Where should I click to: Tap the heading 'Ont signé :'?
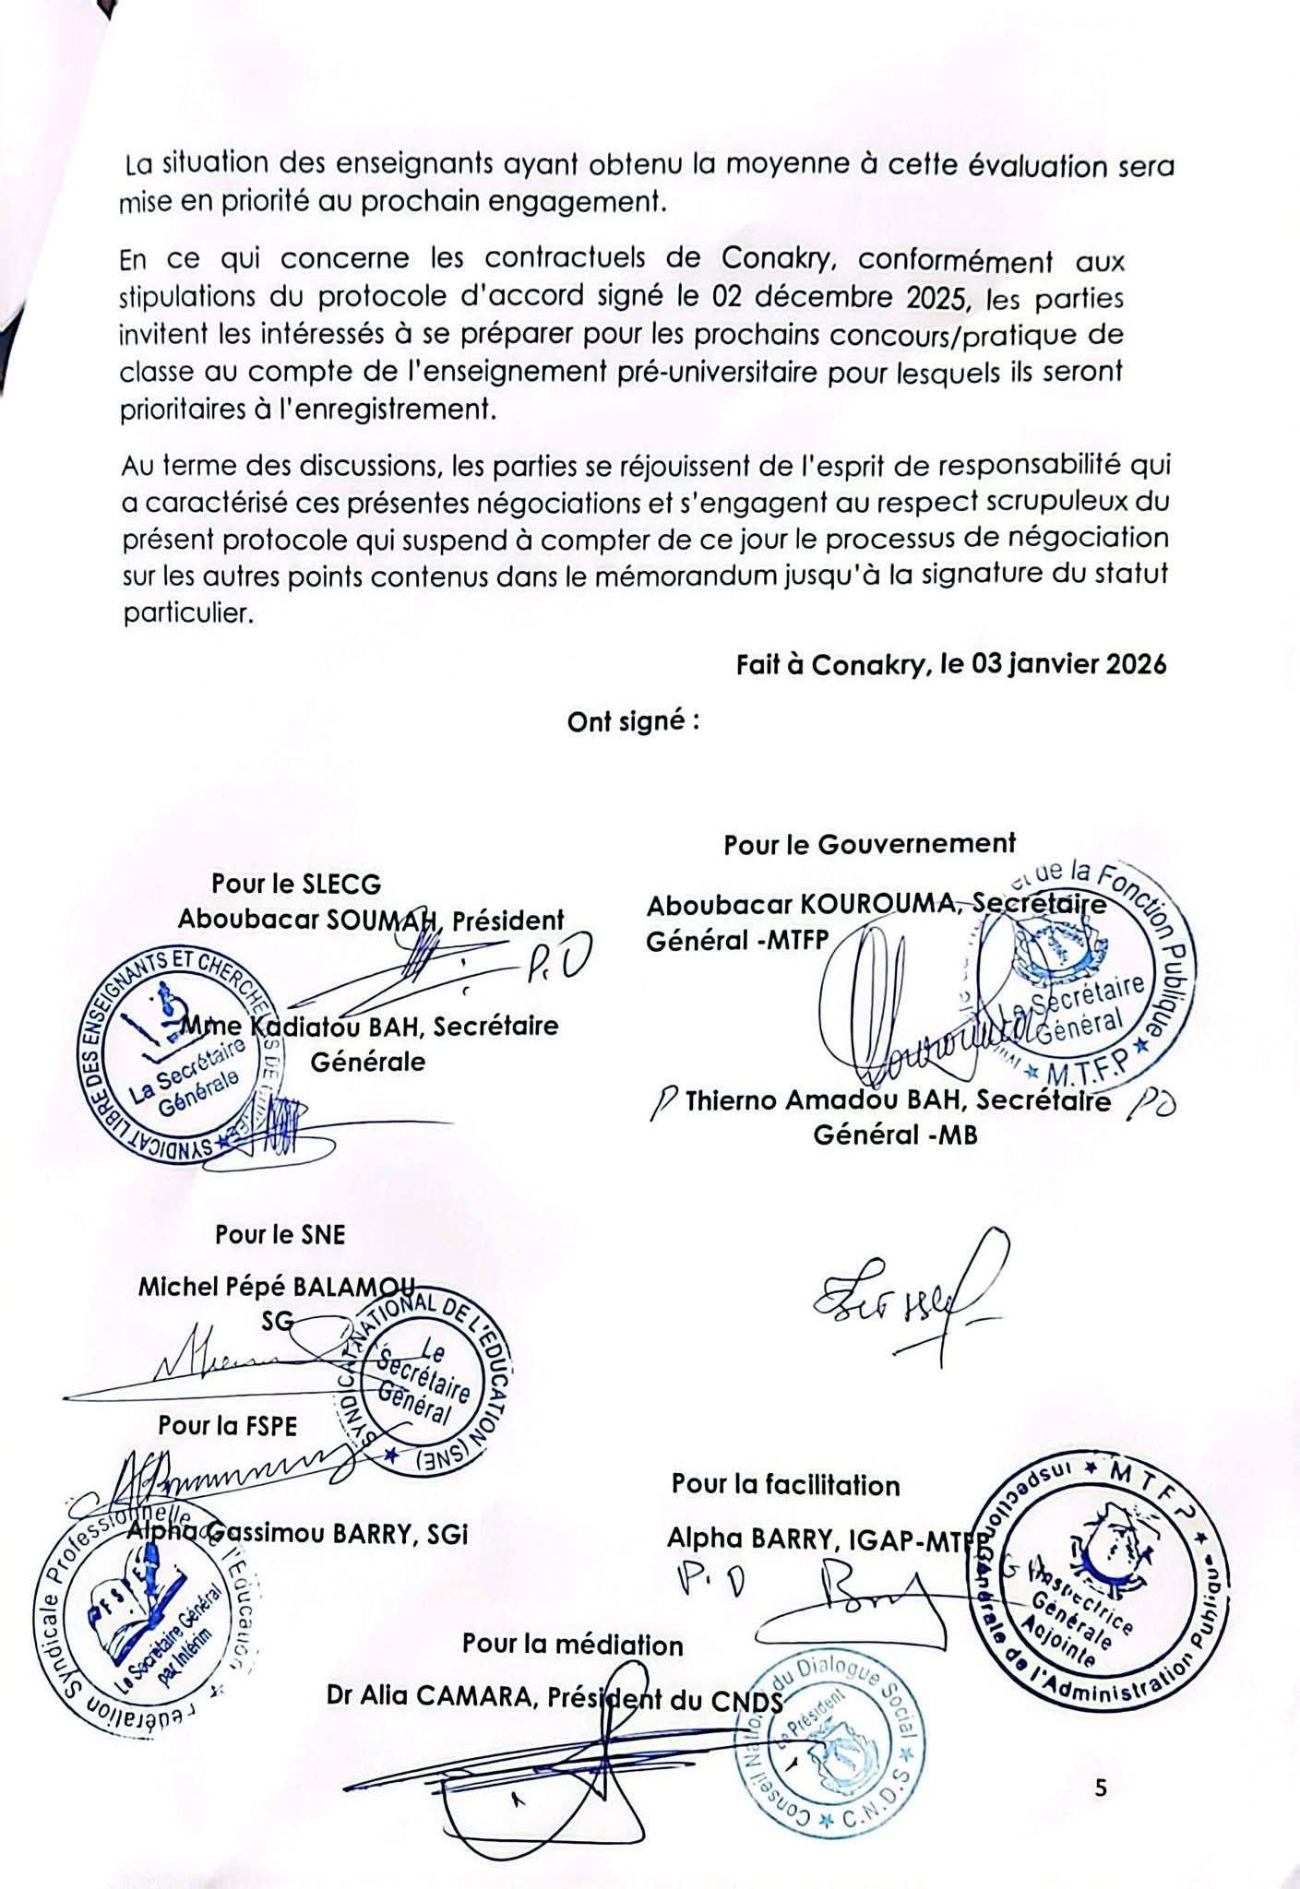(633, 722)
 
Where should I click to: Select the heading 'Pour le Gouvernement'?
(869, 844)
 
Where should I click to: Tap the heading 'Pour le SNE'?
(280, 1234)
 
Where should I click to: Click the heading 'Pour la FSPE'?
(228, 1425)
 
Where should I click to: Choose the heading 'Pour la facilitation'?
(785, 1485)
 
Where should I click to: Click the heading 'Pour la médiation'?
(573, 1645)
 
